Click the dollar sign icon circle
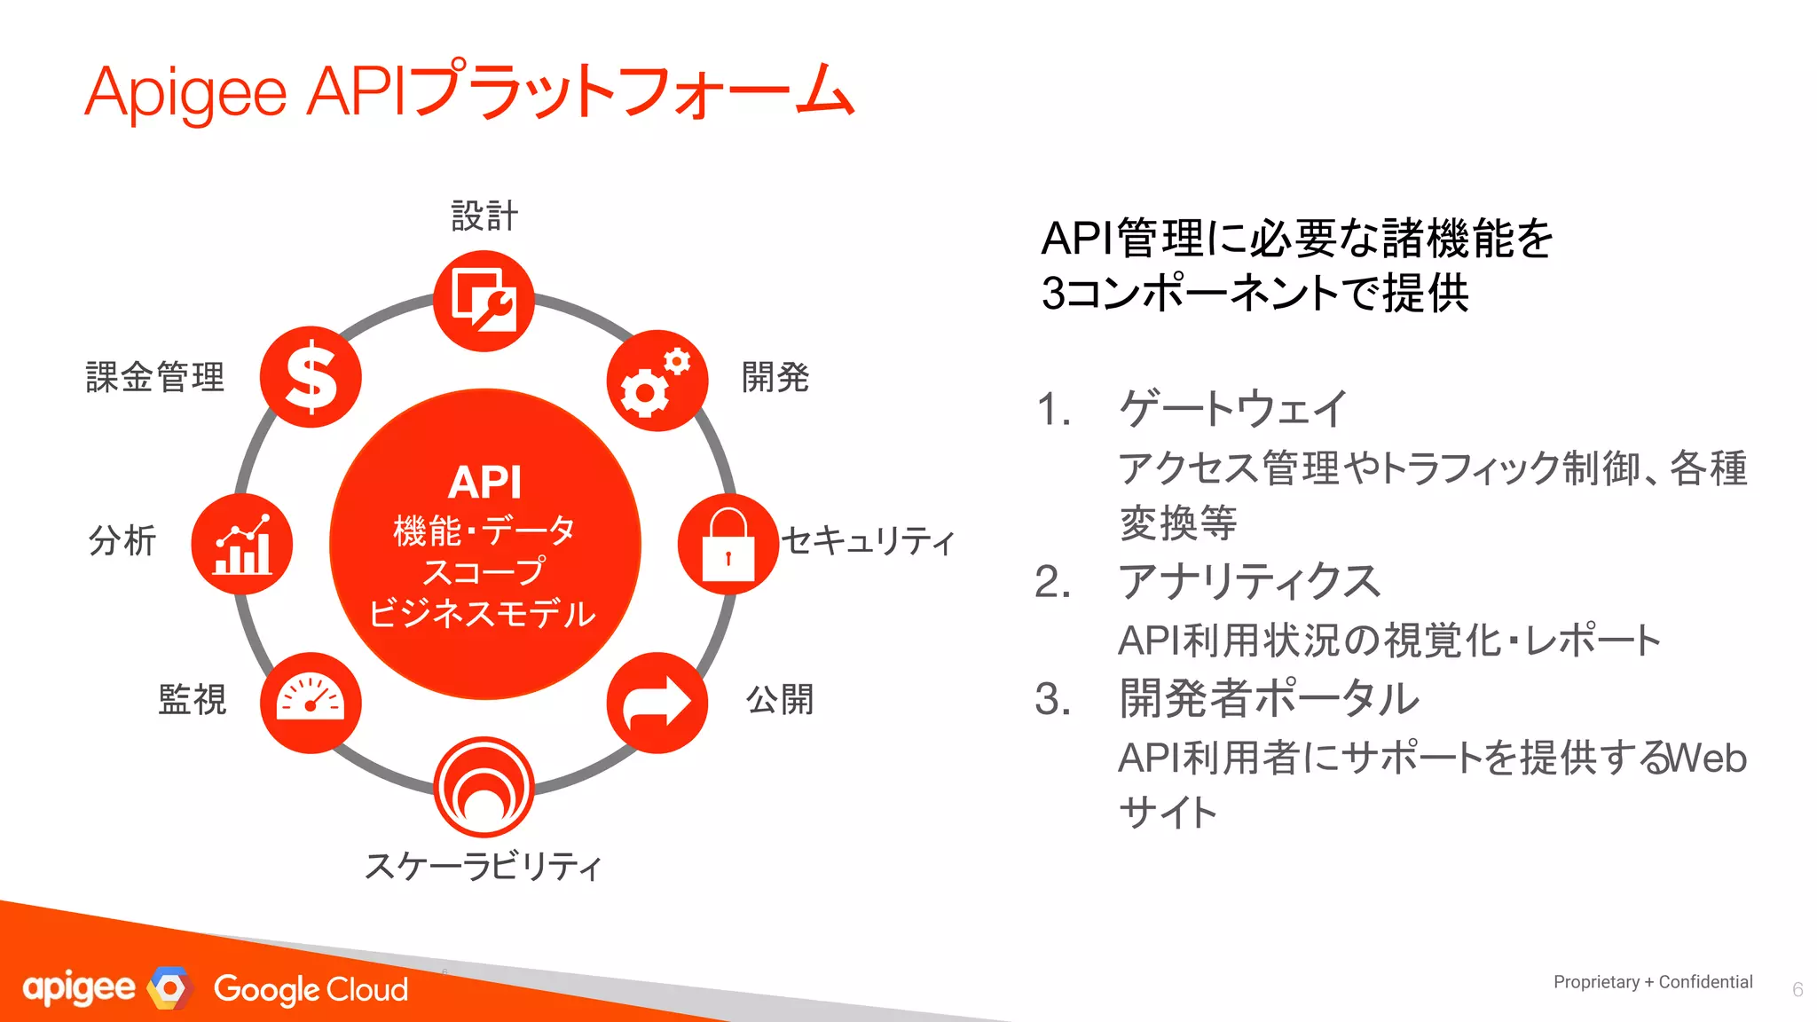311,377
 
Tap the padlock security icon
728,544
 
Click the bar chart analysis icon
242,544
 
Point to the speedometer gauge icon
311,703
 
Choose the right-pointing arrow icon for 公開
657,703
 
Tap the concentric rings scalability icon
484,787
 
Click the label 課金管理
154,377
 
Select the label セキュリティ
869,540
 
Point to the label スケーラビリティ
484,866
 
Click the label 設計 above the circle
484,216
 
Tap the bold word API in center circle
484,483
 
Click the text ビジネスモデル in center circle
483,614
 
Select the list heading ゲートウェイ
1233,409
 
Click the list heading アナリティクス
1249,582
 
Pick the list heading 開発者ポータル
1269,699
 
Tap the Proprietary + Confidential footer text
1652,982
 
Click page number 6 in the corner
1797,990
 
